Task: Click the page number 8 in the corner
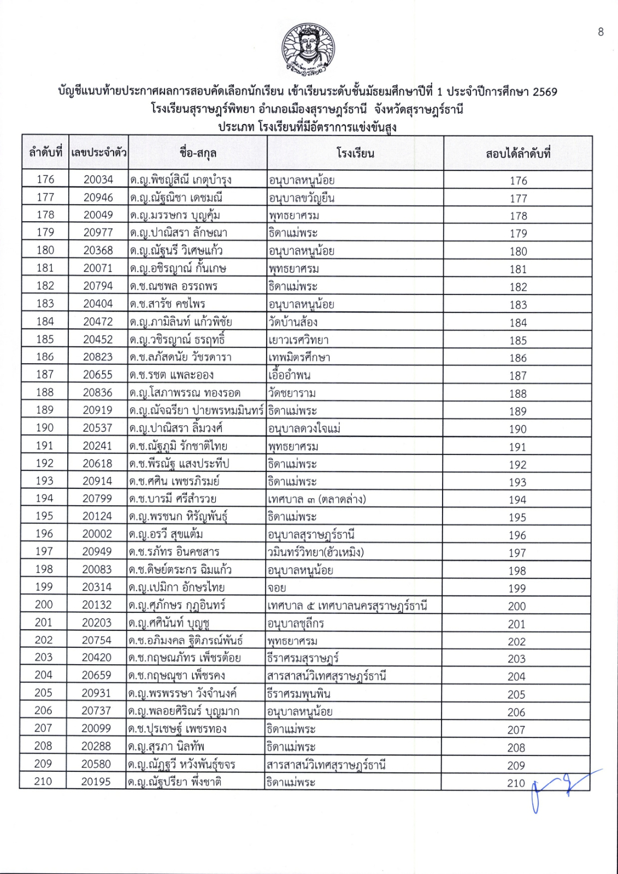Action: (x=601, y=32)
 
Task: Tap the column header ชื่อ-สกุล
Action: (x=197, y=153)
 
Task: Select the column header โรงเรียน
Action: (x=355, y=153)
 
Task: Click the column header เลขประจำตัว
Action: (x=98, y=152)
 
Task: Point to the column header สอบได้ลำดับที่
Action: (x=517, y=153)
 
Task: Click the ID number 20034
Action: (x=98, y=179)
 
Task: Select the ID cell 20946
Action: (x=98, y=197)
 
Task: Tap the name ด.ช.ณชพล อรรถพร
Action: (x=174, y=286)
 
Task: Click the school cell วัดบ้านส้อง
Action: (x=293, y=322)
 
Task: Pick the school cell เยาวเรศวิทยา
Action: (x=298, y=340)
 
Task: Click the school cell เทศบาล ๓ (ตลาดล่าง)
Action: (x=317, y=499)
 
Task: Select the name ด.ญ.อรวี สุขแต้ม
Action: (x=166, y=534)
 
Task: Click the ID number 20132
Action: (x=97, y=605)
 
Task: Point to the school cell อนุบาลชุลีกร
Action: (x=296, y=623)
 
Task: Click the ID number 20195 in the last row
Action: (x=96, y=782)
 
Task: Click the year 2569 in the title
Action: (x=544, y=91)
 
